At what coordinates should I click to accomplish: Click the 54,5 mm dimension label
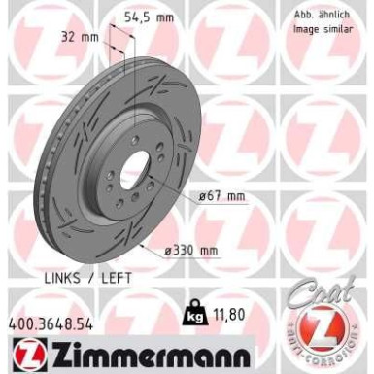pos(150,17)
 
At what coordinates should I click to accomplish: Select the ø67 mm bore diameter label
pos(221,196)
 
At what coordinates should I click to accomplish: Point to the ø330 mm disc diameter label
pos(189,251)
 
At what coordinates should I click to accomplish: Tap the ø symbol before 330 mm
pos(168,251)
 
